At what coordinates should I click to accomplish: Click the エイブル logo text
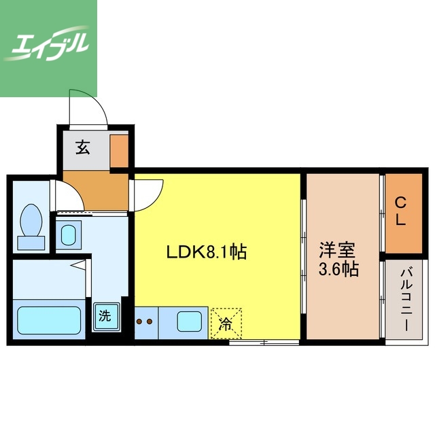click(x=48, y=46)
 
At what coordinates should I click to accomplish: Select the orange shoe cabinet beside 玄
click(x=118, y=151)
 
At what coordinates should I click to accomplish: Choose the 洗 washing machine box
click(x=105, y=316)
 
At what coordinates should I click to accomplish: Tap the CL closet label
click(x=401, y=211)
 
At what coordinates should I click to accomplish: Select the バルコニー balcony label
click(x=405, y=300)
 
